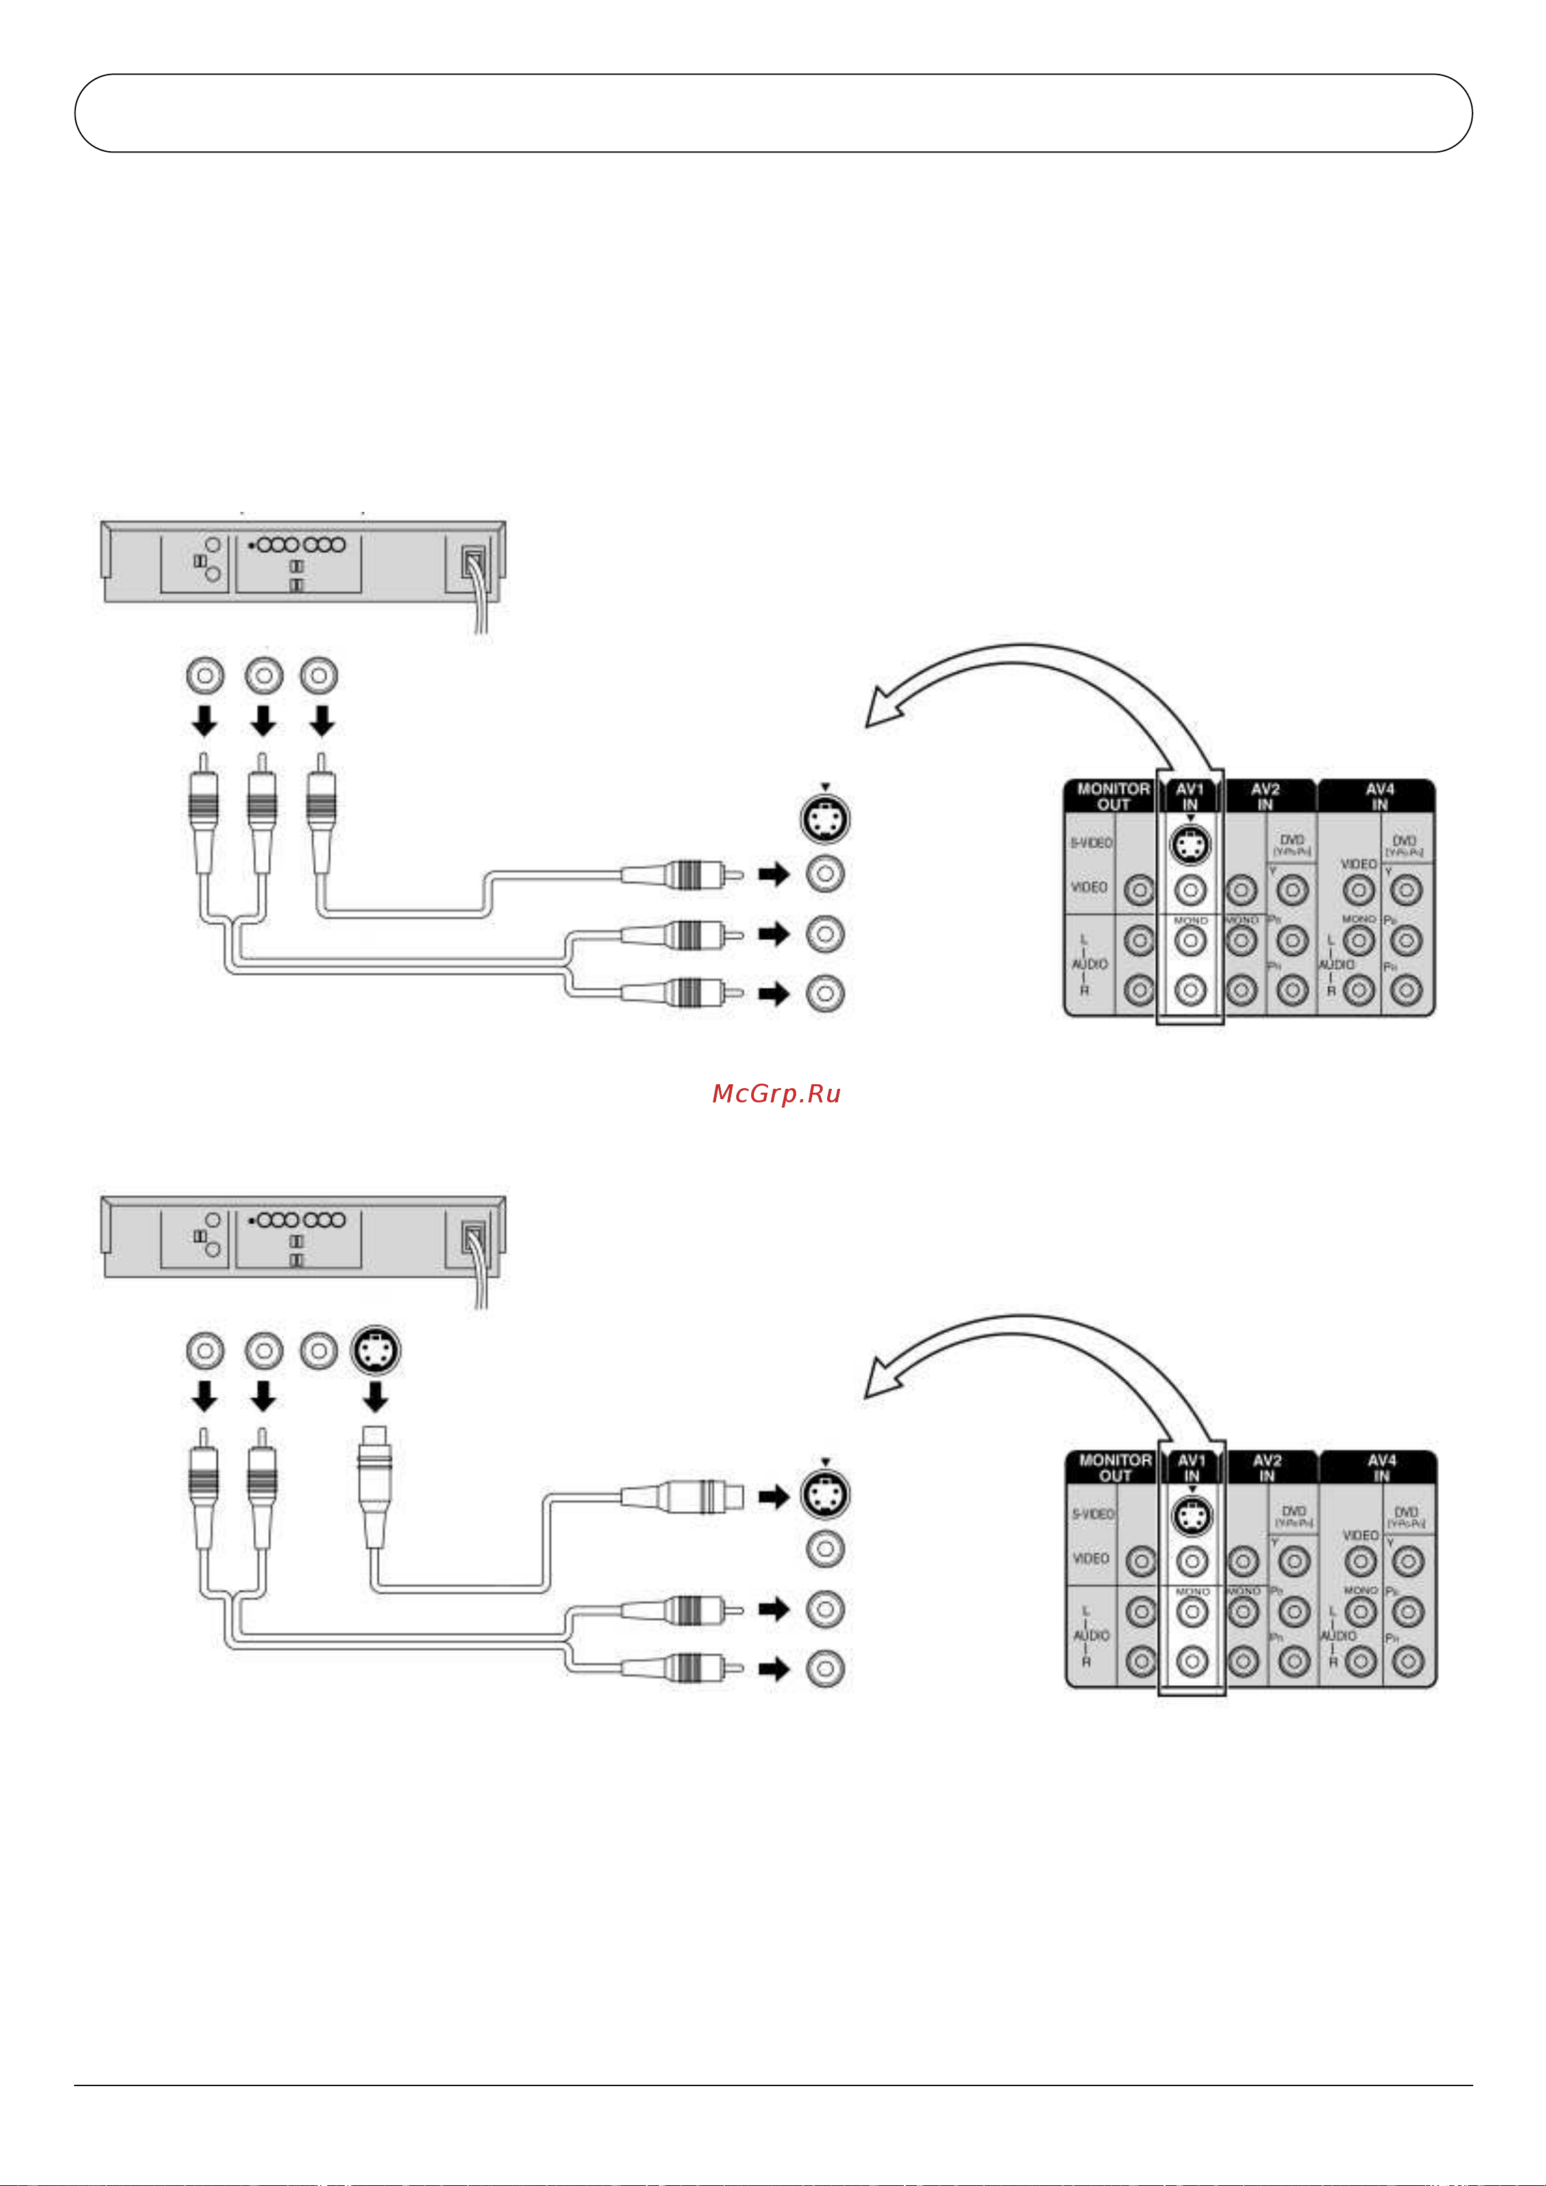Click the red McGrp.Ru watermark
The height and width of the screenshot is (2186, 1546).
[x=777, y=1094]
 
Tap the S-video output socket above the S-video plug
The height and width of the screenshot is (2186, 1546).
[x=375, y=1350]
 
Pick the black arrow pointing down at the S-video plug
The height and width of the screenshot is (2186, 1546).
[x=375, y=1398]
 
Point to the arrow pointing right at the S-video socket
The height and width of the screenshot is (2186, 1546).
[x=775, y=1497]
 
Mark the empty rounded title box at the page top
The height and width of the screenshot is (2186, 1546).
[x=773, y=114]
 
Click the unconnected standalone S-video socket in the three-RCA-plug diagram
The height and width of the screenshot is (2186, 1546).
[x=825, y=820]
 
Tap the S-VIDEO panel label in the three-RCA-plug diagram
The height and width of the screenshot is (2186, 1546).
[x=1091, y=843]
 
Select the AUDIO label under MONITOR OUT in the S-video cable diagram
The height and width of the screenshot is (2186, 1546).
[x=1091, y=1634]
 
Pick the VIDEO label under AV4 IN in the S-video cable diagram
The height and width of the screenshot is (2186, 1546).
[x=1360, y=1535]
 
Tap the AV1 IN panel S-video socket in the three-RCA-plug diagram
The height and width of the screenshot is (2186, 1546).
[x=1190, y=844]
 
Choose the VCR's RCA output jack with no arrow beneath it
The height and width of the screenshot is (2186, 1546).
[x=319, y=1350]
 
